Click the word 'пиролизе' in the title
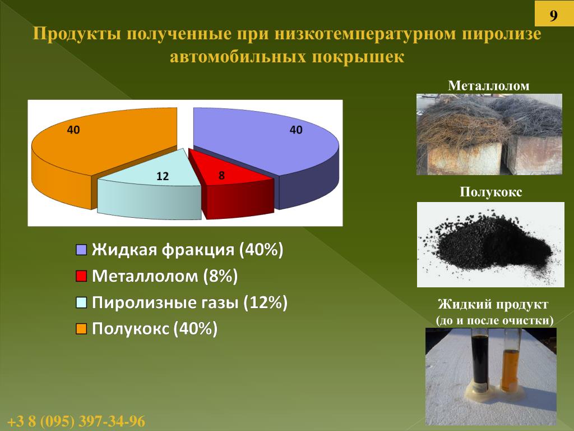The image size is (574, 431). click(x=502, y=34)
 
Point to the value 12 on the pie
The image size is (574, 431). click(x=163, y=176)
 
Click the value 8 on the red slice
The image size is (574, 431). click(x=221, y=176)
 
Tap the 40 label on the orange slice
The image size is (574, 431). click(x=73, y=130)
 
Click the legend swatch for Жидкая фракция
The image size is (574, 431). click(x=81, y=250)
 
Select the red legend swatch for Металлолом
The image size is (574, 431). click(x=81, y=276)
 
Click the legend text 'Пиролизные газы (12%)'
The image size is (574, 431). click(x=189, y=302)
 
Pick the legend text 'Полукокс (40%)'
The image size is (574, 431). click(x=155, y=329)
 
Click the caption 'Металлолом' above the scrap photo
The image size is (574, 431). click(x=489, y=86)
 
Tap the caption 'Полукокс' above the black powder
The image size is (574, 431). click(x=490, y=192)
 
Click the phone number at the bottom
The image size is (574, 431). click(x=76, y=421)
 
